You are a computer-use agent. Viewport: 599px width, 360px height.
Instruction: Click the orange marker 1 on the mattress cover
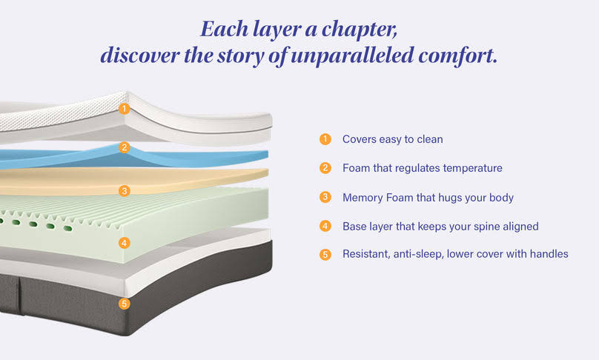(124, 109)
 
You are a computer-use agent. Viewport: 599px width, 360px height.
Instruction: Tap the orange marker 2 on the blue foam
(124, 147)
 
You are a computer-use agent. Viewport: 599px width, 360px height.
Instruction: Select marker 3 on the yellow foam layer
(124, 191)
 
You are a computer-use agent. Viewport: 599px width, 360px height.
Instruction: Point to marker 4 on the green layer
(124, 243)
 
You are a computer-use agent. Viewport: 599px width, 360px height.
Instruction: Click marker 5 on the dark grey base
(124, 304)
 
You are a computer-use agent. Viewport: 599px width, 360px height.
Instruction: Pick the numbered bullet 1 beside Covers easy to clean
(325, 139)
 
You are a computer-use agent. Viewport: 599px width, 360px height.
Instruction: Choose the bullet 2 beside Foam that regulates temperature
(325, 168)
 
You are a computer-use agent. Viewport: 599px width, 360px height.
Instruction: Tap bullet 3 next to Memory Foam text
(325, 197)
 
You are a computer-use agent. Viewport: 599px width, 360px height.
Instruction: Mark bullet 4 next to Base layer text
(325, 226)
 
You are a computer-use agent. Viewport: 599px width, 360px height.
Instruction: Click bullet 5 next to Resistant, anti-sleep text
(325, 254)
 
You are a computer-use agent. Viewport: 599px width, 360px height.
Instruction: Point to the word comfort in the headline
(458, 56)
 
